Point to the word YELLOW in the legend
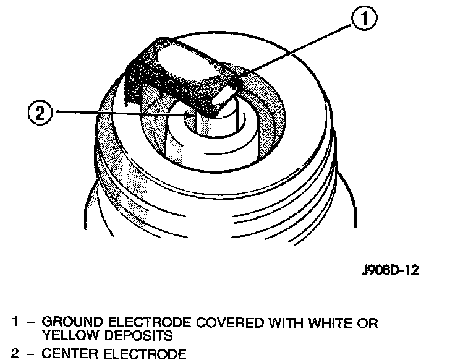click(67, 336)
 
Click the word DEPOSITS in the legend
click(139, 336)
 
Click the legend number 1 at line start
click(14, 324)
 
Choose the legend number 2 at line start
click(14, 354)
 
